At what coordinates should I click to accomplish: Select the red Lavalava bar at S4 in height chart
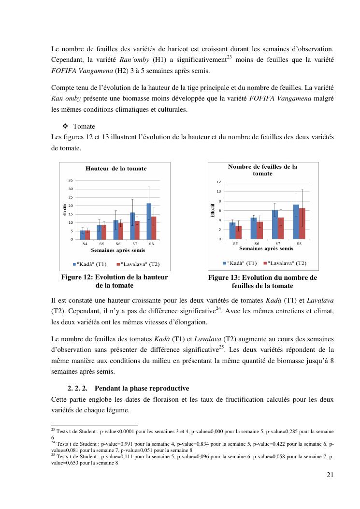(87, 235)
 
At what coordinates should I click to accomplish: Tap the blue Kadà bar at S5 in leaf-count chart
(232, 231)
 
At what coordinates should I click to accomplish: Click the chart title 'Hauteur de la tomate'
(116, 169)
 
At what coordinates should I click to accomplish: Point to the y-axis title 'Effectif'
(213, 211)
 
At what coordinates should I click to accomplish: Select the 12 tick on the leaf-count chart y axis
(218, 182)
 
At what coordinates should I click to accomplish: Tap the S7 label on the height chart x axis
(134, 244)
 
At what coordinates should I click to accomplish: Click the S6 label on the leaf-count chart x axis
(257, 244)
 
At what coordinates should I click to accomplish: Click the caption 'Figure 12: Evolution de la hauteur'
(115, 277)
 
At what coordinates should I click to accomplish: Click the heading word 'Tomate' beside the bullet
(84, 127)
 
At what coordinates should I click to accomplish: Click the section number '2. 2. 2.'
(77, 389)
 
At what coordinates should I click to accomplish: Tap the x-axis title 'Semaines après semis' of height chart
(116, 250)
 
